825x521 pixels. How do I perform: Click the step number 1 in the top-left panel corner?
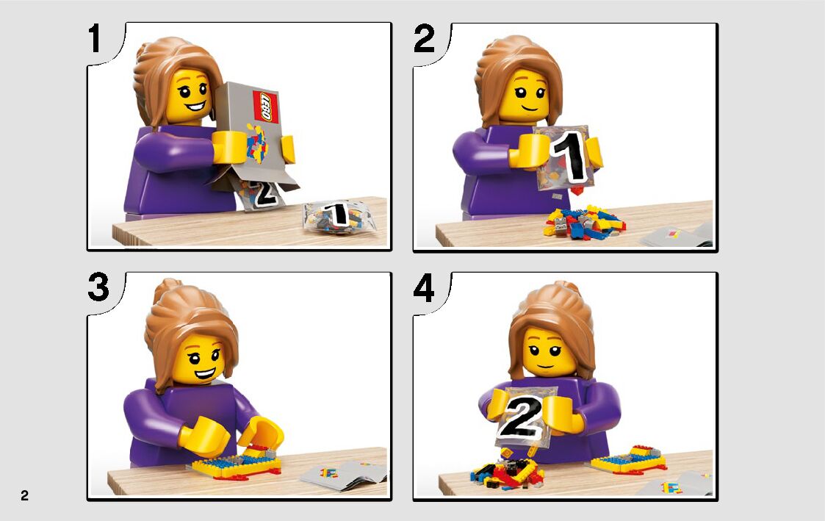95,38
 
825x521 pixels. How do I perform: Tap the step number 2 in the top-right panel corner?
424,38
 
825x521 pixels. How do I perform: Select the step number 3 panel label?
98,287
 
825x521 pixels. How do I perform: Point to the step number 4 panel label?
424,288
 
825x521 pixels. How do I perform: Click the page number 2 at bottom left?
25,495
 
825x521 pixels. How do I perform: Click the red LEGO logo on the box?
266,107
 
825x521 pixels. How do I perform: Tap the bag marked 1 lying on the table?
339,216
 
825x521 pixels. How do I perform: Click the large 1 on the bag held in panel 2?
570,157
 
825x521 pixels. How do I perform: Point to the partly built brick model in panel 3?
237,463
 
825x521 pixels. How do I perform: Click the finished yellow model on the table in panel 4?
629,459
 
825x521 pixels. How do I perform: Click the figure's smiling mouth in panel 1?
195,107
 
